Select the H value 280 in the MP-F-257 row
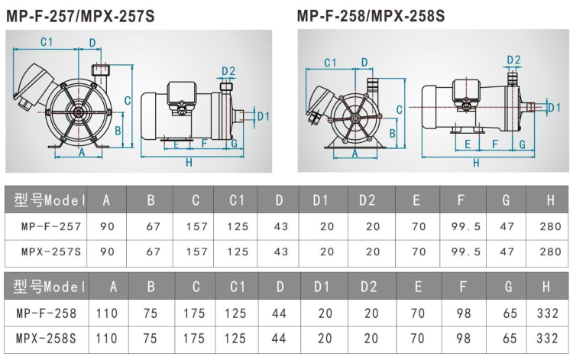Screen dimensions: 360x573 click(550, 226)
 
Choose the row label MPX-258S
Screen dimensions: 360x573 click(47, 337)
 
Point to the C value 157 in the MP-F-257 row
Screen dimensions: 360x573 click(196, 226)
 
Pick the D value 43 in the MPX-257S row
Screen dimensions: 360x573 click(280, 251)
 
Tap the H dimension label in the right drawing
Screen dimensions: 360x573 click(476, 163)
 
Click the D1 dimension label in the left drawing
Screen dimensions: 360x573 click(264, 116)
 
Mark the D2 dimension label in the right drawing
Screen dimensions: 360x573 click(513, 60)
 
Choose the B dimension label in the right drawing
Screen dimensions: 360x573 click(393, 133)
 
